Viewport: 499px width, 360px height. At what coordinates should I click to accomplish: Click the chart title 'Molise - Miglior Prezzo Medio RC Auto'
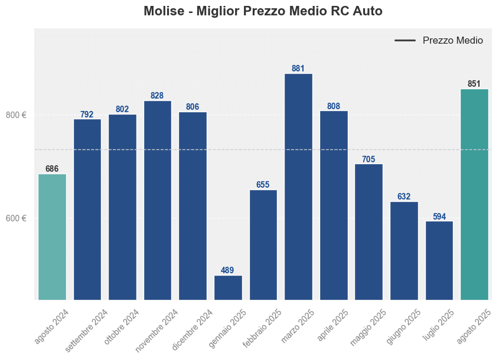pyautogui.click(x=263, y=11)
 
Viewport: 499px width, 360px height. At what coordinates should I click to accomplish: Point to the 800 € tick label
pyautogui.click(x=16, y=115)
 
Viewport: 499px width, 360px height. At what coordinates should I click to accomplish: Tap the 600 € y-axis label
pyautogui.click(x=16, y=218)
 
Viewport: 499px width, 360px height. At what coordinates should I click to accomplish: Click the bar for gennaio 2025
pyautogui.click(x=228, y=288)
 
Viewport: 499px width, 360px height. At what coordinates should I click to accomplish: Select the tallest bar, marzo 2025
pyautogui.click(x=298, y=186)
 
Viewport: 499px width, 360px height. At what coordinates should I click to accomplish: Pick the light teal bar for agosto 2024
pyautogui.click(x=52, y=237)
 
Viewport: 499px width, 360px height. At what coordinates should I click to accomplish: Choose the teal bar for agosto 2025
pyautogui.click(x=474, y=195)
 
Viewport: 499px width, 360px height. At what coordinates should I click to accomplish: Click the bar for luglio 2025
pyautogui.click(x=439, y=260)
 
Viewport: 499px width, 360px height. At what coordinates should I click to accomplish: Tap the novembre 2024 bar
pyautogui.click(x=158, y=201)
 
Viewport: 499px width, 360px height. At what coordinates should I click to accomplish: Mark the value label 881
pyautogui.click(x=298, y=68)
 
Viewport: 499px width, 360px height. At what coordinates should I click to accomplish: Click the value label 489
pyautogui.click(x=227, y=270)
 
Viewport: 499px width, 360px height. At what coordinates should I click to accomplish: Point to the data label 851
pyautogui.click(x=474, y=84)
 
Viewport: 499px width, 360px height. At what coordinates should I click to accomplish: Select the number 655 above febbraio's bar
pyautogui.click(x=263, y=185)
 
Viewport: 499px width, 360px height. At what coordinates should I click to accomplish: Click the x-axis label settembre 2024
pyautogui.click(x=87, y=330)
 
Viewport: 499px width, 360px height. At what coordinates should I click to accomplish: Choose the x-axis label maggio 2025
pyautogui.click(x=368, y=327)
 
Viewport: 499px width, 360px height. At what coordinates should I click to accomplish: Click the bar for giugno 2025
pyautogui.click(x=404, y=251)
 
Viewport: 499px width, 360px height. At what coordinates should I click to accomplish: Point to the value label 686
pyautogui.click(x=52, y=169)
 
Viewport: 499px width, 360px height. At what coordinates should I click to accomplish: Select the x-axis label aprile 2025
pyautogui.click(x=334, y=325)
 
